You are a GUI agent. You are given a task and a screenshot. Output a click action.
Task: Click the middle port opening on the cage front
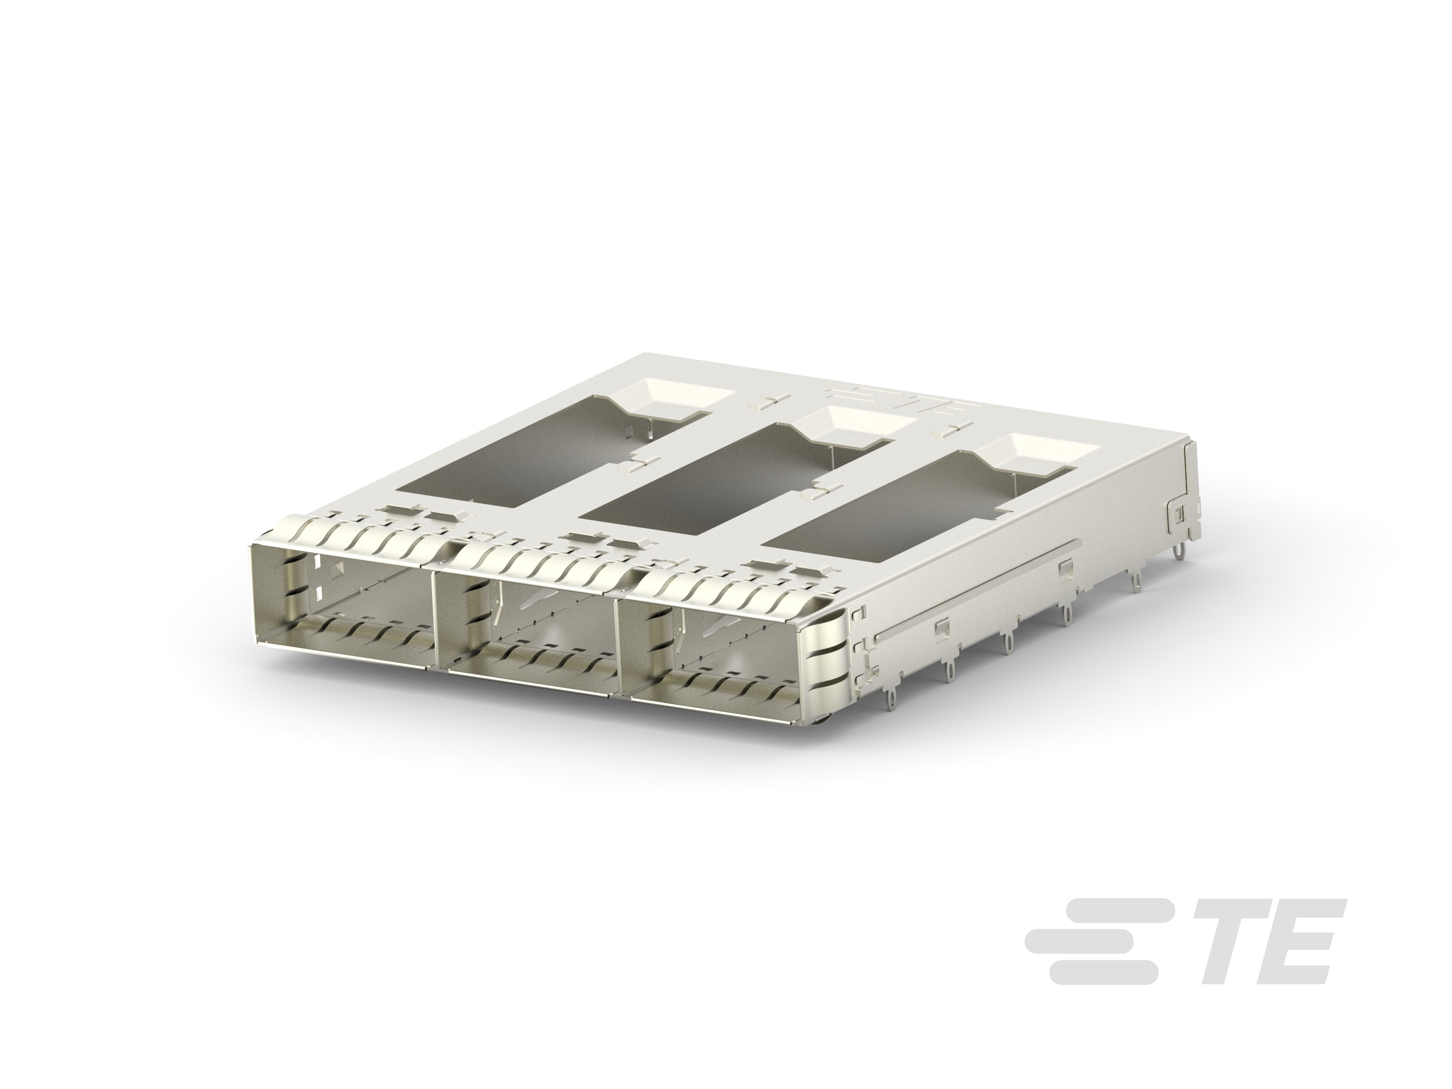tap(525, 640)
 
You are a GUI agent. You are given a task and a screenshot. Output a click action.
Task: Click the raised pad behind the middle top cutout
tap(854, 430)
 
